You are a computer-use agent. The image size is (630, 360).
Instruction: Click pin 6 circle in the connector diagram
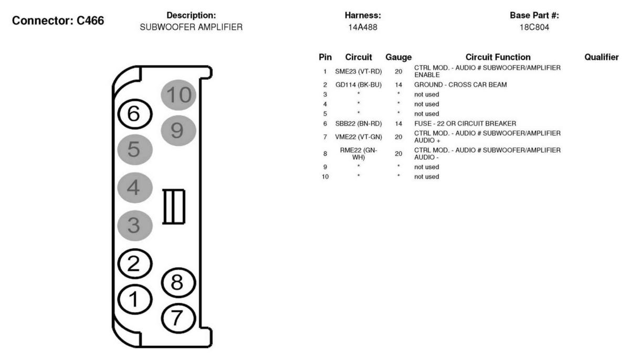(x=135, y=114)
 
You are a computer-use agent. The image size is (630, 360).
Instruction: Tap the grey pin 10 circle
(x=178, y=94)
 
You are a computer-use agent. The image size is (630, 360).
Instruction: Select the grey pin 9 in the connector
(x=178, y=130)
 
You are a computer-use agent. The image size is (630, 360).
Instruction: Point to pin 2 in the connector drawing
(x=135, y=263)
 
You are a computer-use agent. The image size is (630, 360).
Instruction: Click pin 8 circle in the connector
(x=178, y=282)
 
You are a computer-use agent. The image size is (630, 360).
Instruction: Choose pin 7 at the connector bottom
(x=178, y=318)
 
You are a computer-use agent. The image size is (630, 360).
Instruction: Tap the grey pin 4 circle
(x=135, y=187)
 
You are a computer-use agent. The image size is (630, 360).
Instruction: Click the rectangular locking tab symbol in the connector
(x=174, y=207)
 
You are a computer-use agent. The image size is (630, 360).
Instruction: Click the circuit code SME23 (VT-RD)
(x=358, y=71)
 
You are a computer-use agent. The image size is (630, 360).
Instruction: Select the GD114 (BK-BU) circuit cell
(x=358, y=84)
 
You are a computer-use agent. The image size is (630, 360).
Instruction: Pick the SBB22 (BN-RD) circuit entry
(x=358, y=123)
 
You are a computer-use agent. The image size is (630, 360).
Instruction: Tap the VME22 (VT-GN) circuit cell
(x=358, y=137)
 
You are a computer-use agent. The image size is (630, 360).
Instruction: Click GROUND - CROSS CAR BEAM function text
(x=460, y=84)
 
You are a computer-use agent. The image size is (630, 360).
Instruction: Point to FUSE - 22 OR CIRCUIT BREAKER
(x=465, y=123)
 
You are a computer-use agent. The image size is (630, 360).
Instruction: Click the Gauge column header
(x=398, y=57)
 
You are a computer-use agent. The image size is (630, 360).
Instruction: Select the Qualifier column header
(x=601, y=57)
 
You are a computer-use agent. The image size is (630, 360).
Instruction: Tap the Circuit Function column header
(x=498, y=57)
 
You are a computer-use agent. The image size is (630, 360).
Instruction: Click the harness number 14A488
(x=363, y=27)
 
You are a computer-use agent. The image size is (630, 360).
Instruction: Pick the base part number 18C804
(x=534, y=27)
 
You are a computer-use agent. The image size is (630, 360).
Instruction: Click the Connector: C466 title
(x=58, y=20)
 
